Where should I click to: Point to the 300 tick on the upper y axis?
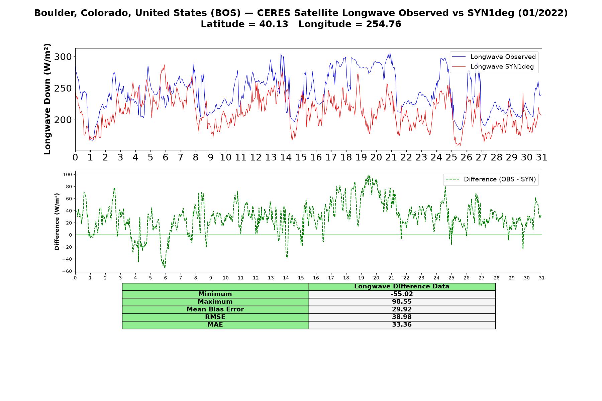tap(63, 57)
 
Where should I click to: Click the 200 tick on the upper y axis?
tap(63, 120)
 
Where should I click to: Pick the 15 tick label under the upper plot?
tap(301, 157)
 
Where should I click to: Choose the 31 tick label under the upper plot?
tap(542, 157)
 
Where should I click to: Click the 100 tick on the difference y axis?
tap(68, 174)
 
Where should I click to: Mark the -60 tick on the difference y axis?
tap(67, 271)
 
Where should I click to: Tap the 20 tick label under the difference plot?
tap(376, 278)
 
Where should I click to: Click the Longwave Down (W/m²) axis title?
tap(47, 99)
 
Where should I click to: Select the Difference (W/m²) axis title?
tap(57, 222)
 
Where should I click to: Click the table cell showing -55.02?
tap(402, 294)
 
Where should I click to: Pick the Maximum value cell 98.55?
tap(402, 302)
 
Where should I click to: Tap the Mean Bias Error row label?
tap(215, 309)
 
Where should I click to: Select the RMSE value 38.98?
tap(402, 317)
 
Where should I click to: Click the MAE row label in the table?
tap(215, 325)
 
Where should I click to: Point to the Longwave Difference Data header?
tap(402, 286)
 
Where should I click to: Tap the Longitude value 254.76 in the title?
tap(384, 24)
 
